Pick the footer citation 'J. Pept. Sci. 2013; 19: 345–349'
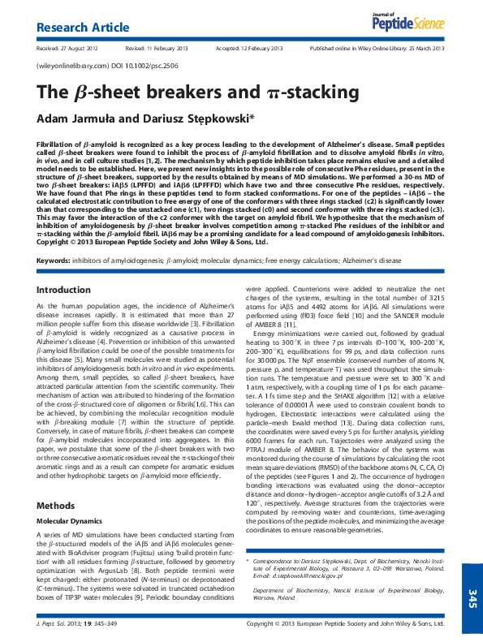pyautogui.click(x=80, y=624)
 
